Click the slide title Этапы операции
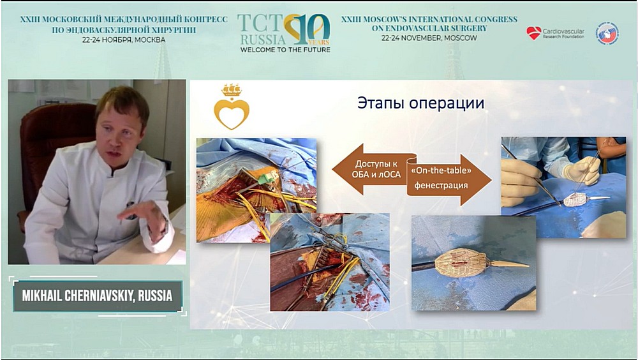[x=420, y=103]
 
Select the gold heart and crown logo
[x=231, y=107]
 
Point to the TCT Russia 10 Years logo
[x=284, y=32]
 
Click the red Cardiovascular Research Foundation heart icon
[x=534, y=33]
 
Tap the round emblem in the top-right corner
[x=607, y=33]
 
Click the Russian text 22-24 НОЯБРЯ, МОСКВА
[x=123, y=39]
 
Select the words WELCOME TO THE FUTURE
[x=284, y=49]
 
